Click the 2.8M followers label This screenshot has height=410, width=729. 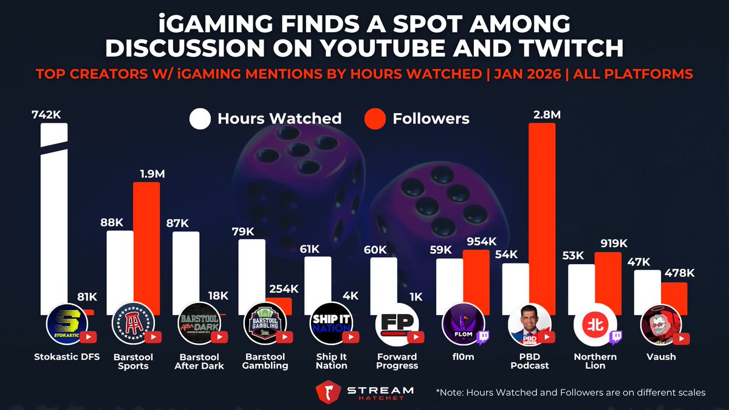[x=542, y=114]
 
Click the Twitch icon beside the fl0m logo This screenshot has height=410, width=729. [x=483, y=337]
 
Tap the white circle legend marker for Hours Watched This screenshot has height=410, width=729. [x=200, y=118]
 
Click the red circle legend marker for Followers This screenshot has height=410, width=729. [x=375, y=118]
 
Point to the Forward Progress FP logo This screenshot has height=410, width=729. [x=393, y=323]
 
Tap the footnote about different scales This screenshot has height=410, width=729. [x=570, y=392]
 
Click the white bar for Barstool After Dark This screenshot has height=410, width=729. [x=185, y=267]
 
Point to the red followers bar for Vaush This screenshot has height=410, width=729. [x=674, y=298]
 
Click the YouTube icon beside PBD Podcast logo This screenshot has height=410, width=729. [x=549, y=337]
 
